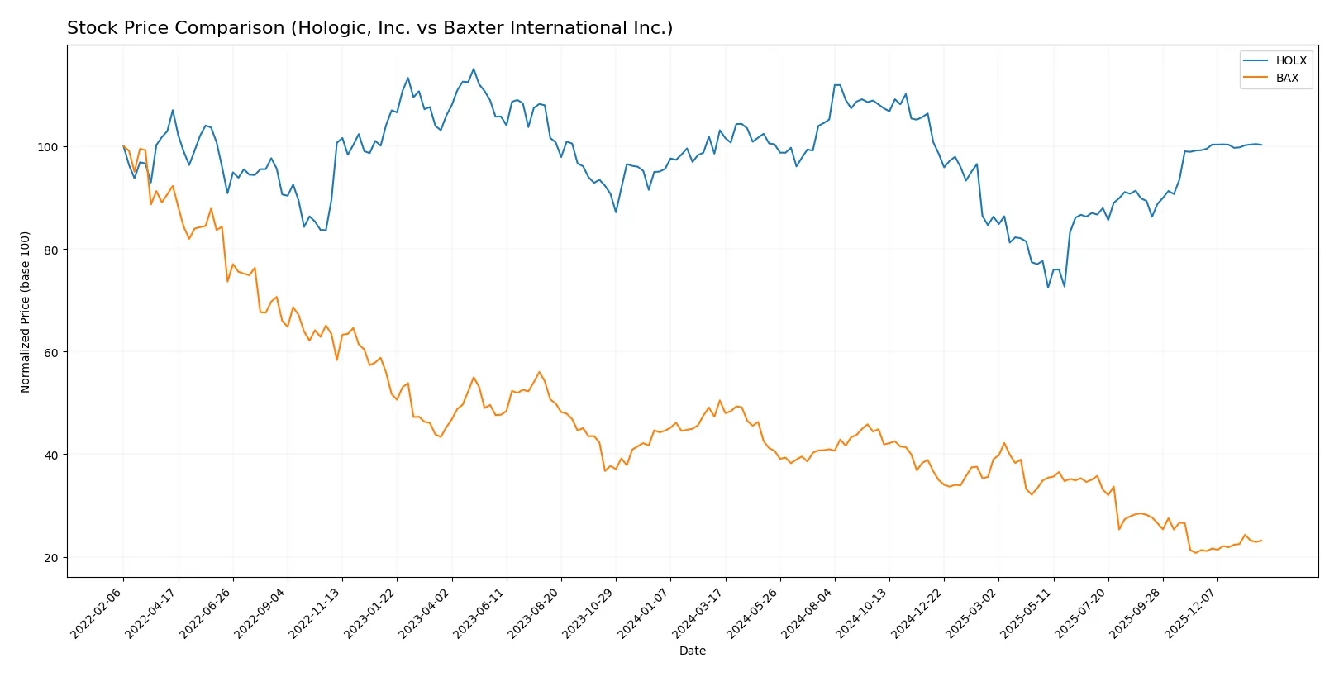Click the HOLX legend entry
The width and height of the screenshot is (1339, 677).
click(x=1290, y=60)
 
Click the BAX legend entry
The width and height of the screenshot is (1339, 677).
click(x=1287, y=78)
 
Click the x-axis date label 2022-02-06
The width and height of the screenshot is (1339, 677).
click(x=98, y=613)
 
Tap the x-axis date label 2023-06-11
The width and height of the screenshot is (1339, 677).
click(x=480, y=613)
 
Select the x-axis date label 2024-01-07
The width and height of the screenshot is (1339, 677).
click(x=644, y=613)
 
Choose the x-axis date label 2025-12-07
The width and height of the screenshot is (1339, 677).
click(x=1191, y=613)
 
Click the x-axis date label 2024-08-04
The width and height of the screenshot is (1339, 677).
click(x=808, y=613)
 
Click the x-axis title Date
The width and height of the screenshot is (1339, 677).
click(x=692, y=651)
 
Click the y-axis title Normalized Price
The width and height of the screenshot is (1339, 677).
click(x=26, y=312)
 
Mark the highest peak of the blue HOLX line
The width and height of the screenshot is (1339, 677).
click(x=474, y=69)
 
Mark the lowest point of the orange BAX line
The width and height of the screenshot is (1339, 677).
click(x=1195, y=552)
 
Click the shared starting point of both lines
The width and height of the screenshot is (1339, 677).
click(x=124, y=146)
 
